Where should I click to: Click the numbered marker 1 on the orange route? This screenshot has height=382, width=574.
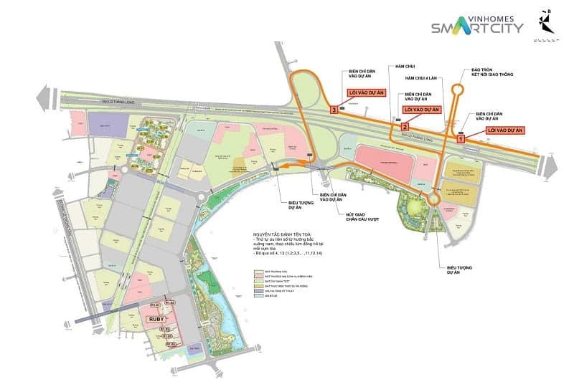point(461,141)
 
